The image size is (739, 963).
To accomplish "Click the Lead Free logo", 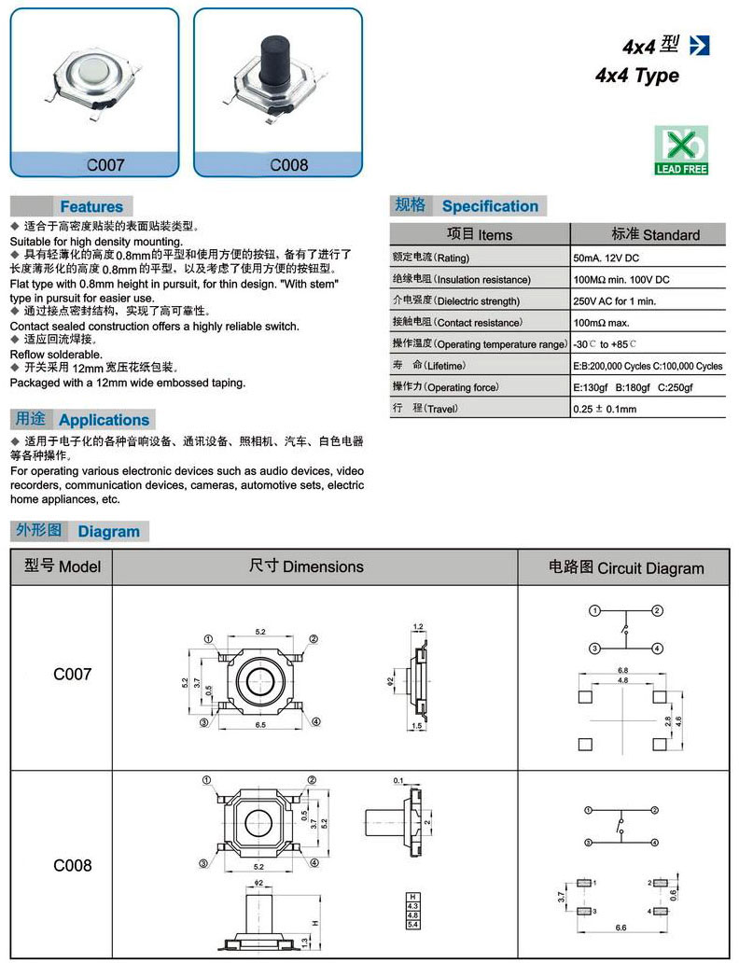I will pyautogui.click(x=681, y=150).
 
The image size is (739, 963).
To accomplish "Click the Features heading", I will pyautogui.click(x=91, y=206).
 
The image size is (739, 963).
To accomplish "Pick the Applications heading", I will pyautogui.click(x=104, y=420).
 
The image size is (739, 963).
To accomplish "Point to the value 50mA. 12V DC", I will pyautogui.click(x=607, y=258).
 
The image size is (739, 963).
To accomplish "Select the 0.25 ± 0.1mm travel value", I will pyautogui.click(x=605, y=409).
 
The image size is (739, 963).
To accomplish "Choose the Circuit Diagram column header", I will pyautogui.click(x=625, y=567).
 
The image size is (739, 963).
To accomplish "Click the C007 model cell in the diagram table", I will pyautogui.click(x=72, y=674).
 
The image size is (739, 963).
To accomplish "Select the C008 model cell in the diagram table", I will pyautogui.click(x=72, y=865).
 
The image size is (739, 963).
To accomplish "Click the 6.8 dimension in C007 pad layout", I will pyautogui.click(x=623, y=670).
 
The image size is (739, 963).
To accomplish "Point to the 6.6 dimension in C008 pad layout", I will pyautogui.click(x=620, y=928).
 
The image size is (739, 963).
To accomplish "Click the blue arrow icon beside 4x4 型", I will pyautogui.click(x=699, y=44).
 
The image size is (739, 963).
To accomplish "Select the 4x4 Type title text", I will pyautogui.click(x=637, y=76).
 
